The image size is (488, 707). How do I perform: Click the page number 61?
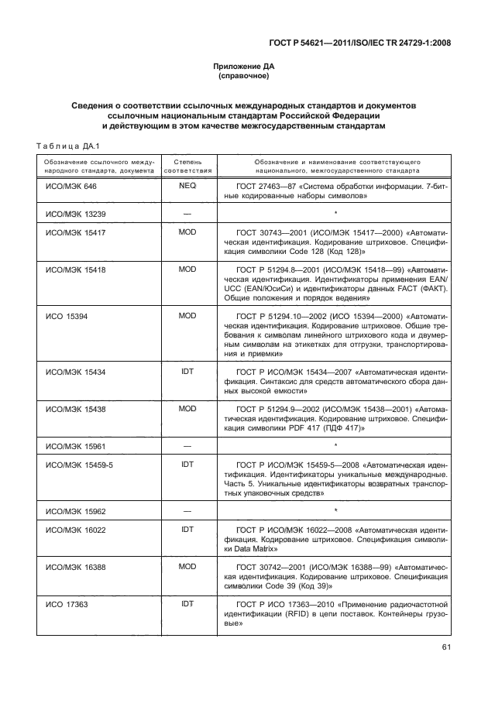point(445,648)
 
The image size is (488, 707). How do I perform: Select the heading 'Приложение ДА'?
point(244,67)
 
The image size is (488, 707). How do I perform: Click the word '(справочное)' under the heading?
point(244,77)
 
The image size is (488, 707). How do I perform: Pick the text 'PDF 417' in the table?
point(287,427)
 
